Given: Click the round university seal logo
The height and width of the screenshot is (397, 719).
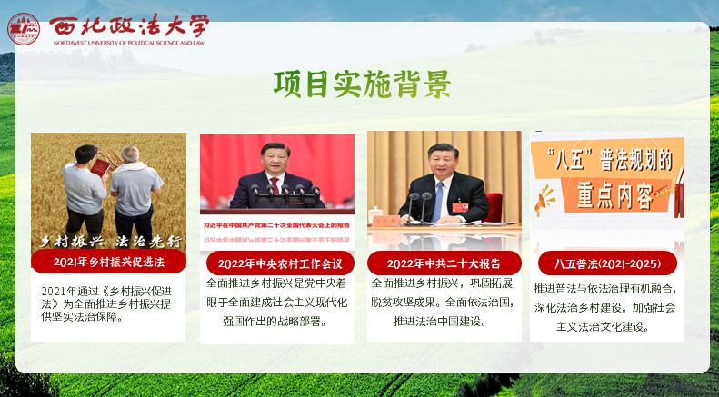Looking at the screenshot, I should click(24, 28).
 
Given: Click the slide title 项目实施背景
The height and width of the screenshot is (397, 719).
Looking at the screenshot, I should click(361, 84).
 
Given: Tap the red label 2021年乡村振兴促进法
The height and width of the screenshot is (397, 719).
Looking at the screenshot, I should click(108, 263).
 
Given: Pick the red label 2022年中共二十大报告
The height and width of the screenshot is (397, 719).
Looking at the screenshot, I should click(444, 263).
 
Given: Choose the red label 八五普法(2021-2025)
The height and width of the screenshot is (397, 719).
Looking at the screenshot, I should click(607, 263).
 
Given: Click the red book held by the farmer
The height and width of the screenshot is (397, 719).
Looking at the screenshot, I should click(101, 167).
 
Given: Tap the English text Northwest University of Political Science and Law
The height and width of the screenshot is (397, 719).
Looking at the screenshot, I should click(128, 43).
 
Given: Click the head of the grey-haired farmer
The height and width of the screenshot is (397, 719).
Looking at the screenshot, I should click(132, 155).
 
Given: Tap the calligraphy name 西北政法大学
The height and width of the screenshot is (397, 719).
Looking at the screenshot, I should click(128, 25).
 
